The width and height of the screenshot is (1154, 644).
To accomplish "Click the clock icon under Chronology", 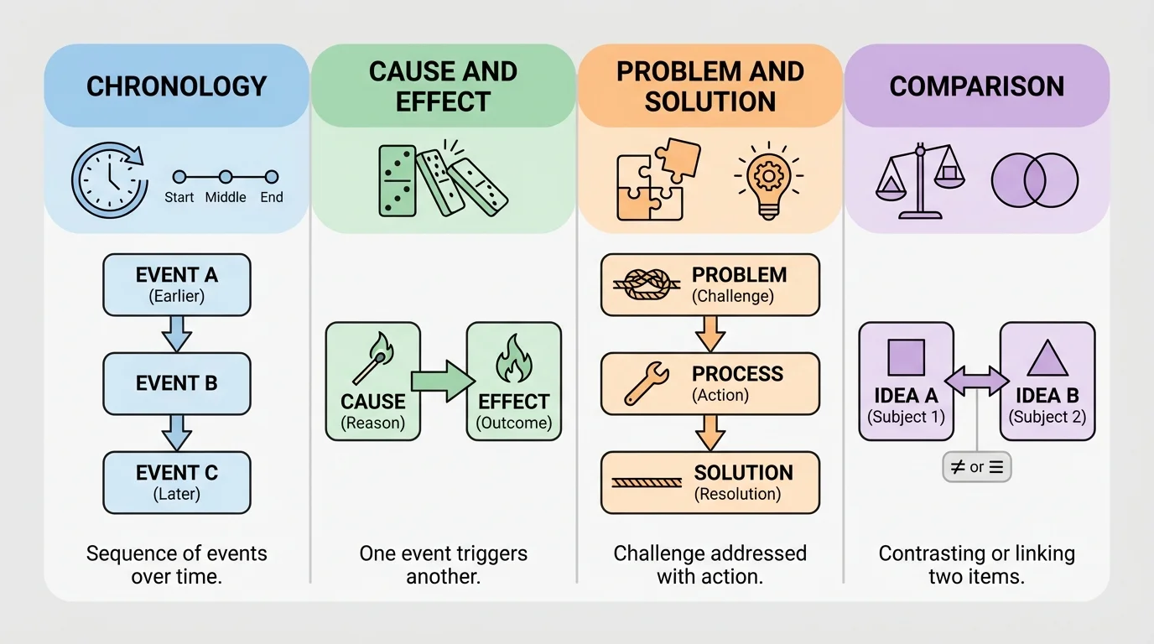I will click(x=107, y=179).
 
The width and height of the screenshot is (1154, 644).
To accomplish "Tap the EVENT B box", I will click(x=176, y=383).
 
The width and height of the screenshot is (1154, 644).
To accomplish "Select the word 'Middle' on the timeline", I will click(x=226, y=197).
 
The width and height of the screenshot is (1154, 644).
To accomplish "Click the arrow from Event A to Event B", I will click(x=176, y=333).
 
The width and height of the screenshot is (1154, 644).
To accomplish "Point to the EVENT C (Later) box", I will click(x=176, y=482).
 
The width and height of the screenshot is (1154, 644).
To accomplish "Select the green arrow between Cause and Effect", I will click(x=443, y=381).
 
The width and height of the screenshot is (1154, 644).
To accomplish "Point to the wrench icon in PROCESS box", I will click(x=647, y=383).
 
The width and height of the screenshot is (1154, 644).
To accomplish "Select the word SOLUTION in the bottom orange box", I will click(x=743, y=473).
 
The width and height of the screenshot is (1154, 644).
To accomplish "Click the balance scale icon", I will click(x=919, y=179).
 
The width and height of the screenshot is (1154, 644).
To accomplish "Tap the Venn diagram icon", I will click(x=1035, y=180).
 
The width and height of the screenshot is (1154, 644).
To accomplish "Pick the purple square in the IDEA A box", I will click(x=906, y=357).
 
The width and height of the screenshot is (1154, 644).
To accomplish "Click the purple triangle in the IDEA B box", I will click(x=1047, y=358).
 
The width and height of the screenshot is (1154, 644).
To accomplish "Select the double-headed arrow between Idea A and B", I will click(x=977, y=382).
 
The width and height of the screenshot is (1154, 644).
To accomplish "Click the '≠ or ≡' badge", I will click(x=977, y=467).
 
